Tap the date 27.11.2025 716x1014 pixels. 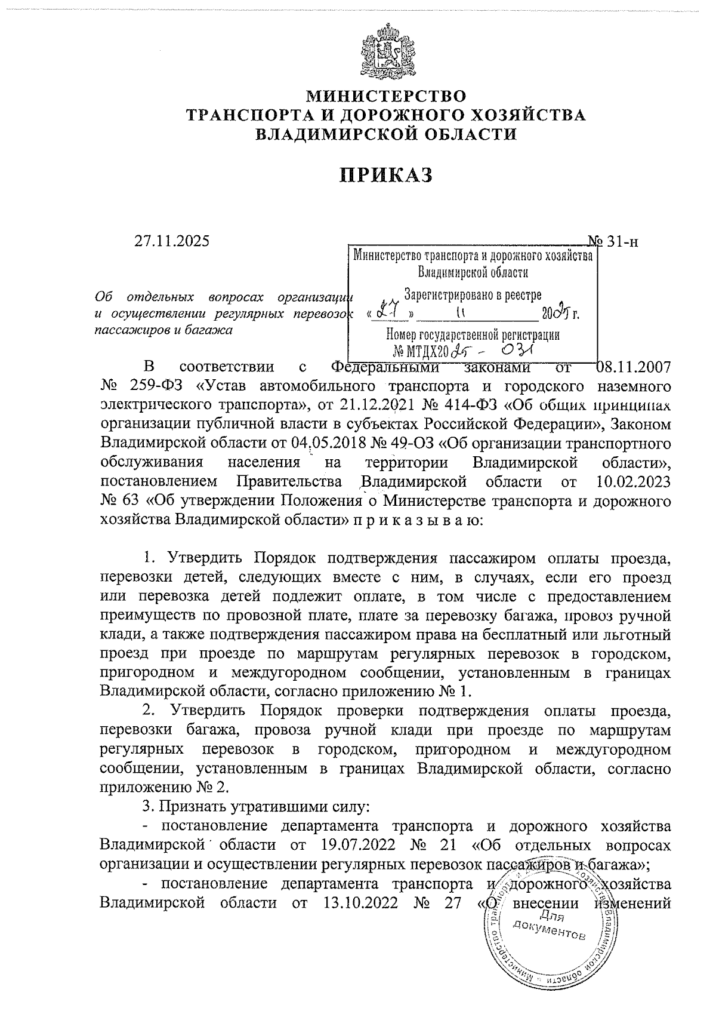pyautogui.click(x=172, y=241)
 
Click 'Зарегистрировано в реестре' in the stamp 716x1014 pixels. pyautogui.click(x=473, y=294)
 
